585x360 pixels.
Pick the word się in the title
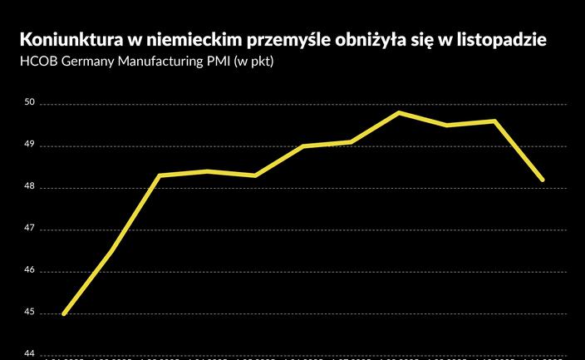[426, 40]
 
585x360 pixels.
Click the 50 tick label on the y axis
[29, 104]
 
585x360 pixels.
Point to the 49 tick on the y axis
[29, 145]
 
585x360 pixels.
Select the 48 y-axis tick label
[29, 188]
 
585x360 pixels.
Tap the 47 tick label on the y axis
[29, 229]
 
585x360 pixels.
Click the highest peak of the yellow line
[400, 112]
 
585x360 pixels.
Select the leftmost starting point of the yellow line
[64, 313]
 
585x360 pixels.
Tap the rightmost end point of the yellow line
[543, 180]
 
